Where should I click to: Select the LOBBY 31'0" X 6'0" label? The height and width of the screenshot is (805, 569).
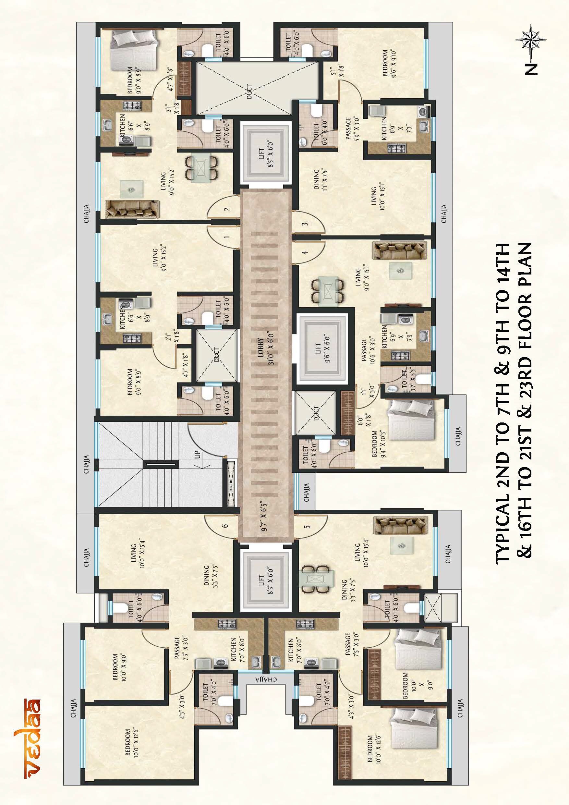(265, 352)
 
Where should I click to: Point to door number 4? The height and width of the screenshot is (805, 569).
(305, 252)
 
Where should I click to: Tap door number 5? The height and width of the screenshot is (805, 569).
(307, 526)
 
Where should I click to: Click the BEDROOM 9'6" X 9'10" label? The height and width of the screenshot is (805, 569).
(389, 63)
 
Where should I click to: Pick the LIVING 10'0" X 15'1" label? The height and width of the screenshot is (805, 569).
(377, 198)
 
